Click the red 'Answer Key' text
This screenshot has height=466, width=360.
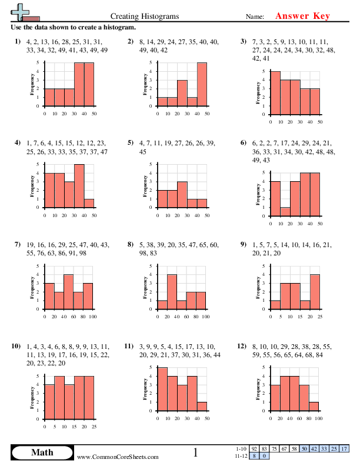click(303, 16)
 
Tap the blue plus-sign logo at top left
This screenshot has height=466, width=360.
click(22, 12)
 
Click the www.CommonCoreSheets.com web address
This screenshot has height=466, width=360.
click(118, 457)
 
